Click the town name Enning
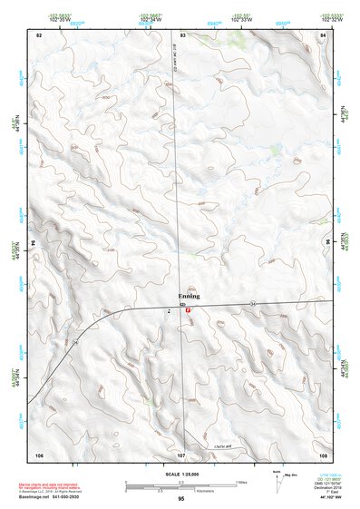[189, 298]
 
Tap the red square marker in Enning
[188, 311]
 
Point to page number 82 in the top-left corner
[39, 34]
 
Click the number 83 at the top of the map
[182, 34]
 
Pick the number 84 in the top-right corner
[323, 34]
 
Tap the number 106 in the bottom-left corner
[39, 453]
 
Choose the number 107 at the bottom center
[181, 453]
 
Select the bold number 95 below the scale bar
[181, 499]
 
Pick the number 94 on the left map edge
[35, 243]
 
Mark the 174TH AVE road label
[222, 445]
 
